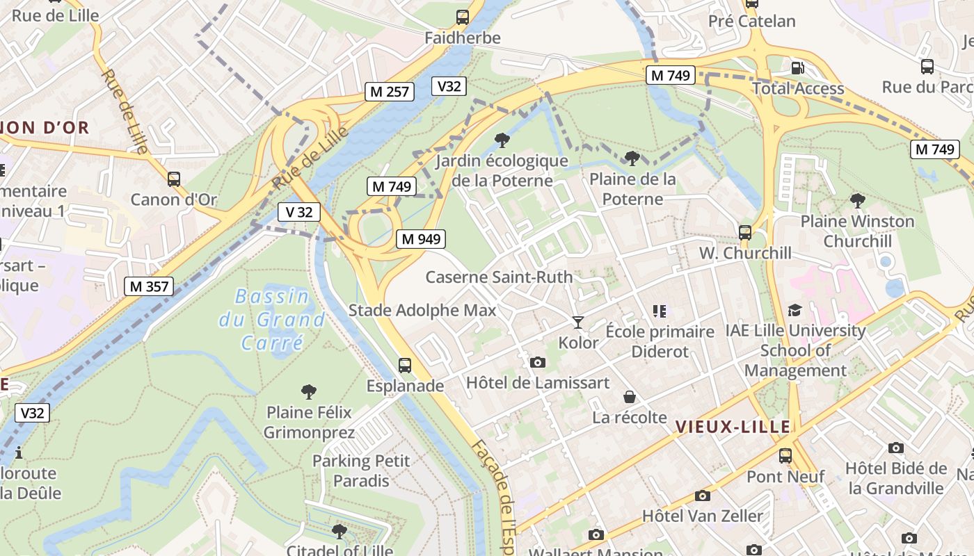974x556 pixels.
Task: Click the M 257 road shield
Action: coord(390,91)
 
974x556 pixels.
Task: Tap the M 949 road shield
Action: coord(421,239)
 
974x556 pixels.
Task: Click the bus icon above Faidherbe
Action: coord(463,17)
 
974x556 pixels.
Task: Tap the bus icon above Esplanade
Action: coord(404,365)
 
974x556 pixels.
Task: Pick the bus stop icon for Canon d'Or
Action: coord(174,179)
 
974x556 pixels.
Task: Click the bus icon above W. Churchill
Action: coord(745,232)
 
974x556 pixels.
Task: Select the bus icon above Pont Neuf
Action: coord(785,456)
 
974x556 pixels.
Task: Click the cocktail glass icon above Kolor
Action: coord(577,322)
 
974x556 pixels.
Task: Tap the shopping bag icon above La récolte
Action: coord(630,397)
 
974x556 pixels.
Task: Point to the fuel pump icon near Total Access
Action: coord(797,67)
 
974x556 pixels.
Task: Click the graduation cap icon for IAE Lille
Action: coord(795,310)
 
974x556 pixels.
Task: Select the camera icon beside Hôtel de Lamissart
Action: coord(537,362)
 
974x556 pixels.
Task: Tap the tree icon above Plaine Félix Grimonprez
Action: coord(309,391)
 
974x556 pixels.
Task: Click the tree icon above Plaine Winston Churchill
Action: coord(857,201)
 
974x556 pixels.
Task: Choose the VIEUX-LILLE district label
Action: coord(733,427)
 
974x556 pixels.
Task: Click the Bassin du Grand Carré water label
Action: coord(272,319)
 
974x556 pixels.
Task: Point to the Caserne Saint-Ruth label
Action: coord(499,277)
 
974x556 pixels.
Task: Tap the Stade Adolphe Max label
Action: coord(422,310)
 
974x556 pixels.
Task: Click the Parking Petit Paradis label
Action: coord(361,471)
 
